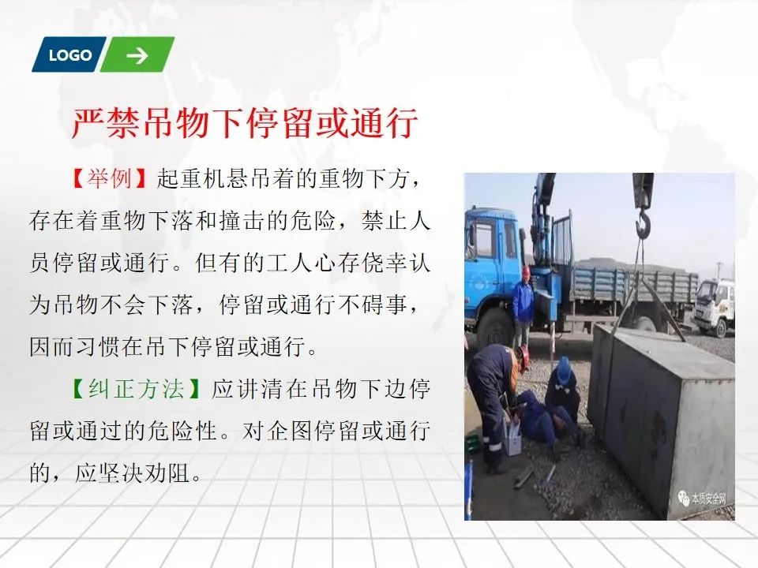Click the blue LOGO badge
(69, 54)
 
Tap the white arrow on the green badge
(137, 55)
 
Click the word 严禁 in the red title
(106, 124)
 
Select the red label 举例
(109, 179)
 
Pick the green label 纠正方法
(137, 389)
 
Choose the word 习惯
(99, 347)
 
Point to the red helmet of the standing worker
(526, 271)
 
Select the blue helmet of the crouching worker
(563, 368)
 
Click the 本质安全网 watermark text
(709, 498)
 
